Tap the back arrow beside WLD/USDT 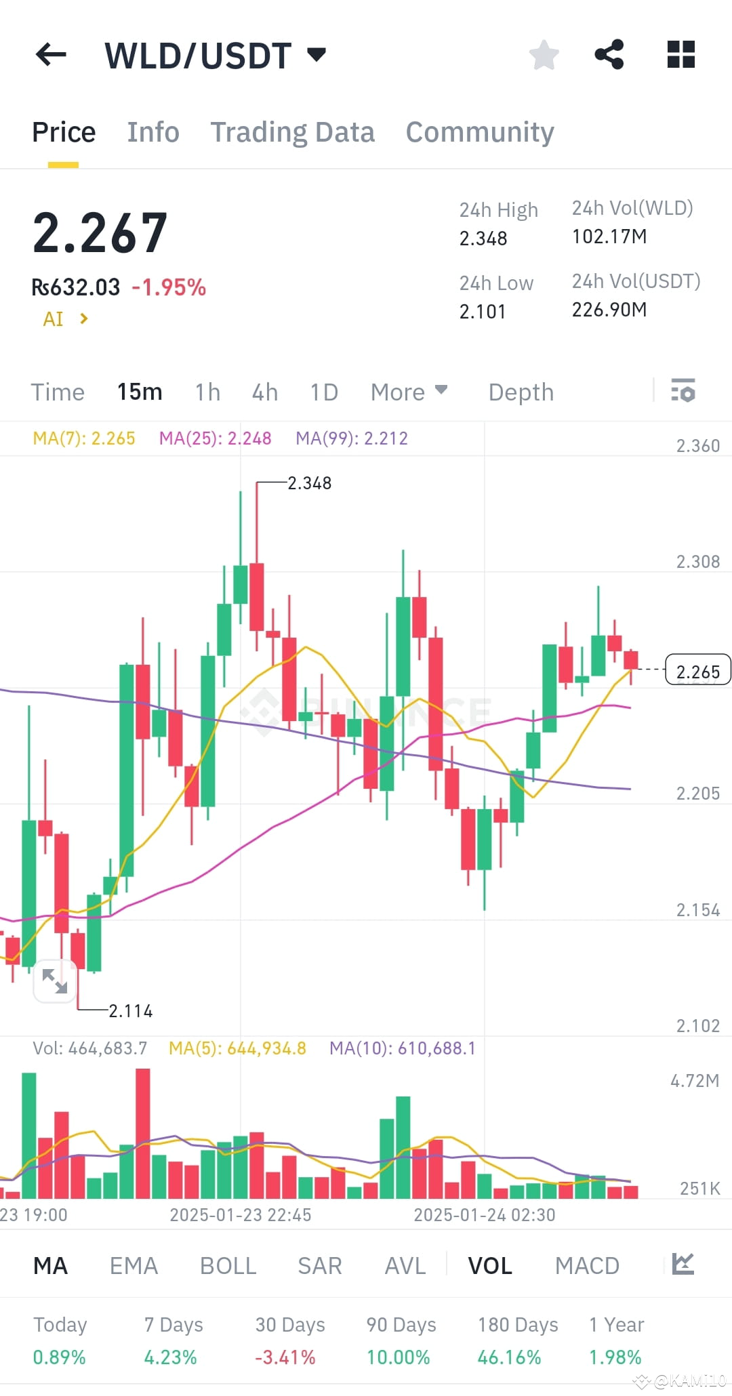tap(51, 55)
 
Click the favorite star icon tap(544, 55)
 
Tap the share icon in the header tap(609, 55)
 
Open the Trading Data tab tap(292, 132)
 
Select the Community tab tap(480, 132)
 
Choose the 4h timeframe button tap(264, 392)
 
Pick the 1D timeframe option tap(324, 392)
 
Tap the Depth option tap(521, 392)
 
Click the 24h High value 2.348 tap(483, 239)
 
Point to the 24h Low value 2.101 tap(483, 312)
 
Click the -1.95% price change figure tap(169, 287)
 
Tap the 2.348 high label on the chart tap(309, 483)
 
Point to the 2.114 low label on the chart tap(131, 1011)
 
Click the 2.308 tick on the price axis tap(697, 562)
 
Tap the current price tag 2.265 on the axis tap(697, 671)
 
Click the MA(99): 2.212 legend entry tap(352, 438)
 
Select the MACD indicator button tap(587, 1266)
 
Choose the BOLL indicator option tap(228, 1266)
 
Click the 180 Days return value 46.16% tap(509, 1357)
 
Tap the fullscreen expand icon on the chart tap(55, 981)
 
